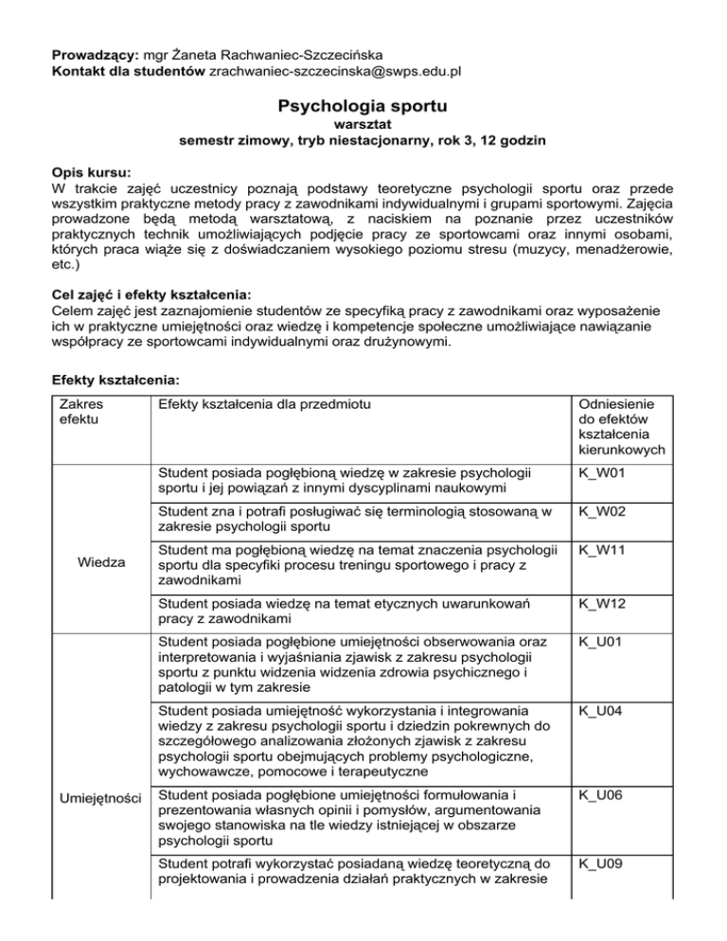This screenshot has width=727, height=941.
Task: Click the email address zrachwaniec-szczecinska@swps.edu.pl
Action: [x=350, y=70]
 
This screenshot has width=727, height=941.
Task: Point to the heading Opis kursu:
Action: [x=92, y=173]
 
